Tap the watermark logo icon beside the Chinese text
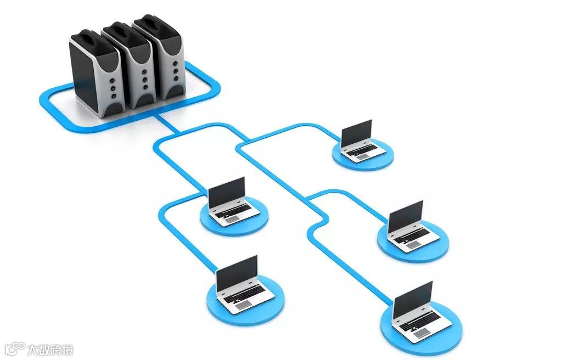(x=15, y=349)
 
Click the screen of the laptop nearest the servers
(x=226, y=193)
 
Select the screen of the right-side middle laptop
(x=406, y=216)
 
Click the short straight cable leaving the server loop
(x=167, y=124)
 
